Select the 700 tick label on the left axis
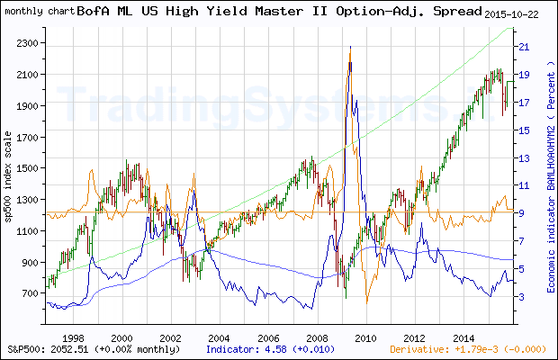28,293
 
